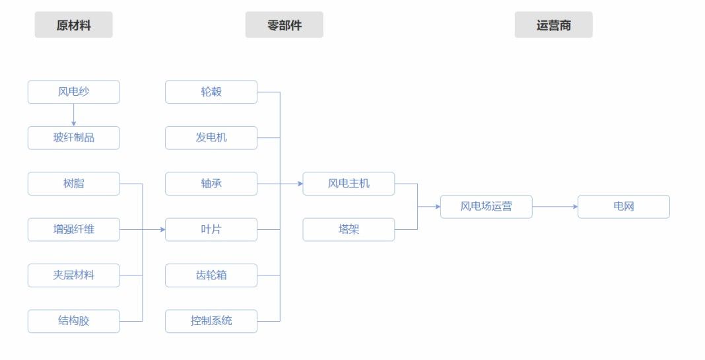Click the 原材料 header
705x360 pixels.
click(x=73, y=26)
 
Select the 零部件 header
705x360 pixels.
click(x=284, y=26)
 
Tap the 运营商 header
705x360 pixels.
click(x=553, y=26)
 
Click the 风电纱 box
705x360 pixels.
click(x=73, y=92)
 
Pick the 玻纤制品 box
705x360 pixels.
click(x=73, y=138)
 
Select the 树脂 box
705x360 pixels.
click(x=73, y=184)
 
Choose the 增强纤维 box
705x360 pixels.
click(x=73, y=230)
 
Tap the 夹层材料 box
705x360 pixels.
click(x=73, y=275)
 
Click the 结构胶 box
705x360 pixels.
click(x=73, y=321)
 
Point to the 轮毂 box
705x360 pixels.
click(x=211, y=92)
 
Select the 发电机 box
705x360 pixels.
click(x=211, y=138)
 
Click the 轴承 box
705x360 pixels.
click(x=211, y=184)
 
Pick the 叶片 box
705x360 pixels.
click(x=211, y=230)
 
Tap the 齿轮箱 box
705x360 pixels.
click(x=211, y=275)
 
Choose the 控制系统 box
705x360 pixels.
click(x=211, y=321)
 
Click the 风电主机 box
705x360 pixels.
click(x=349, y=184)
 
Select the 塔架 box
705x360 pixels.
click(x=349, y=230)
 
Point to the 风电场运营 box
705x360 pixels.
click(x=486, y=207)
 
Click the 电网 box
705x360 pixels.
click(x=623, y=207)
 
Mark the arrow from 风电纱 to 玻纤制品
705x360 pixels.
click(x=73, y=115)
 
